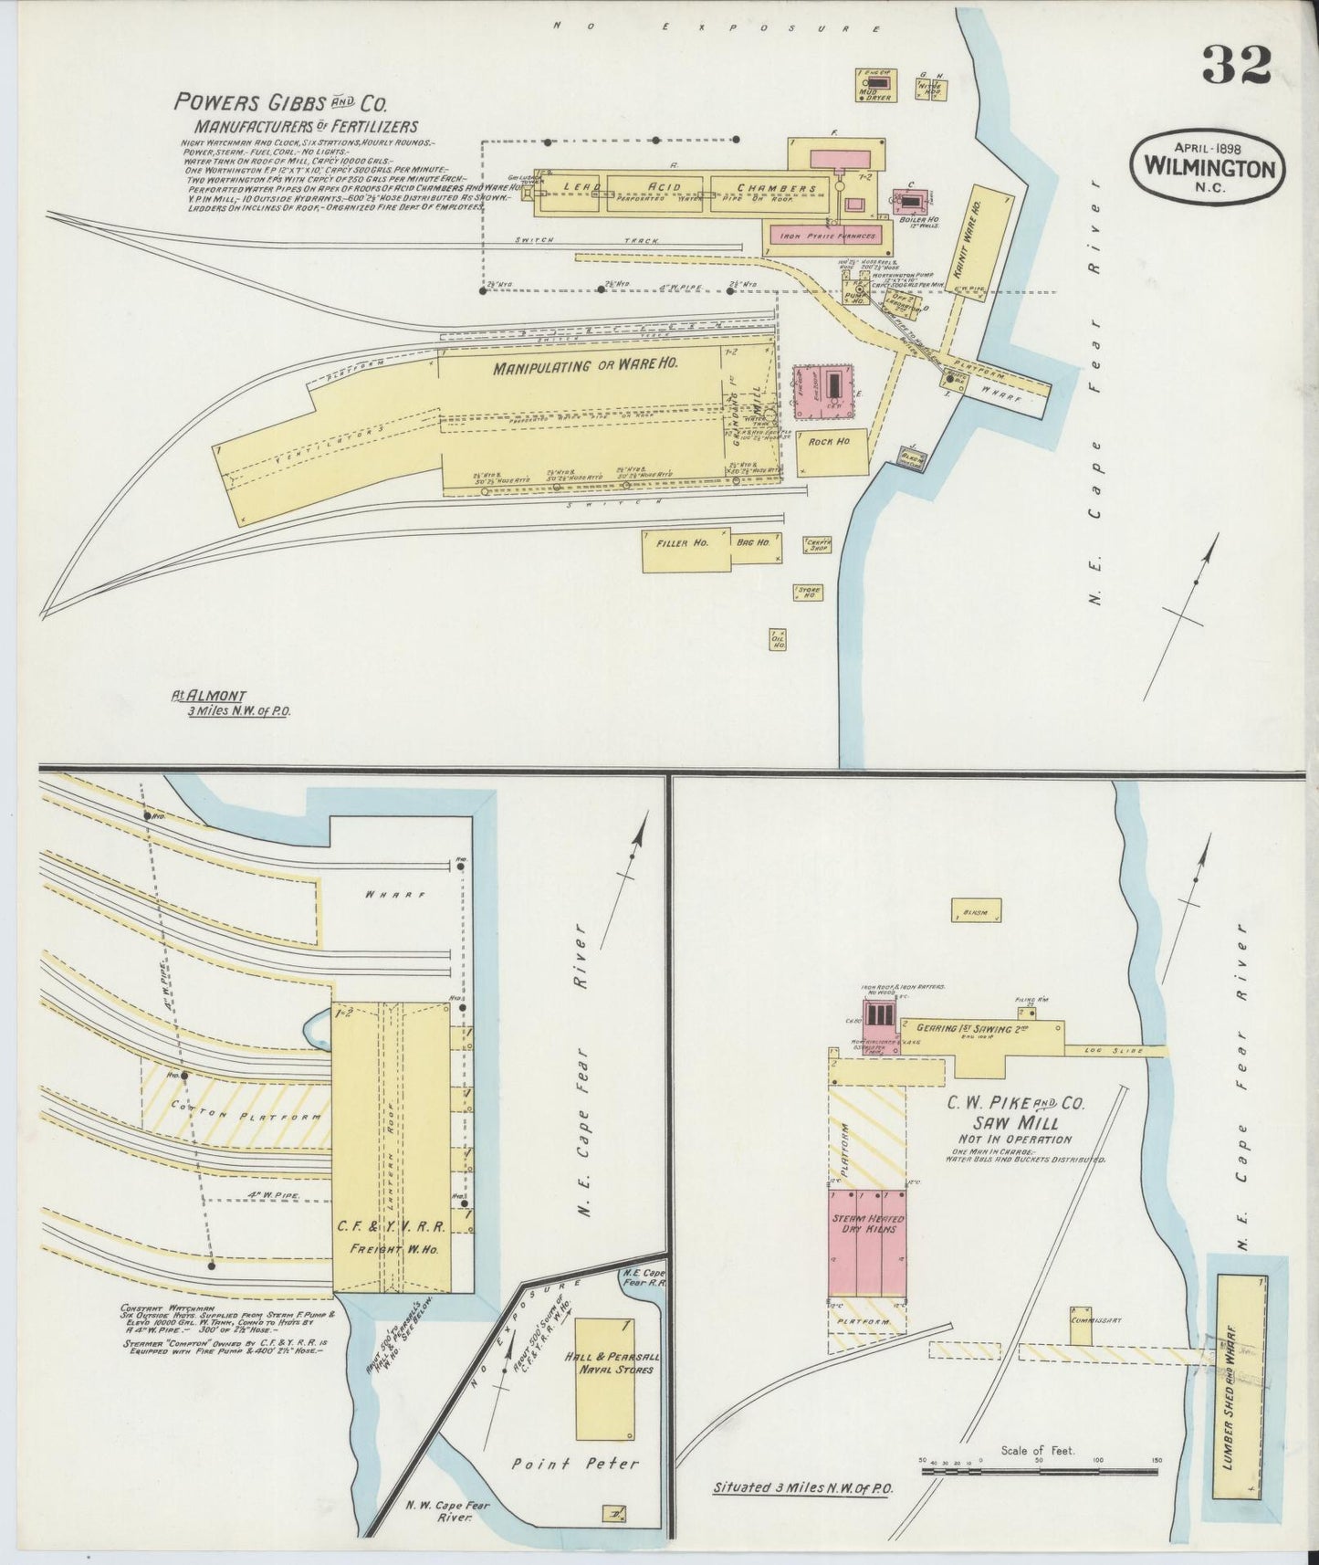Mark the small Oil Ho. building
[x=779, y=639]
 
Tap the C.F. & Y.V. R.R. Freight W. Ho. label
[x=391, y=1231]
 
